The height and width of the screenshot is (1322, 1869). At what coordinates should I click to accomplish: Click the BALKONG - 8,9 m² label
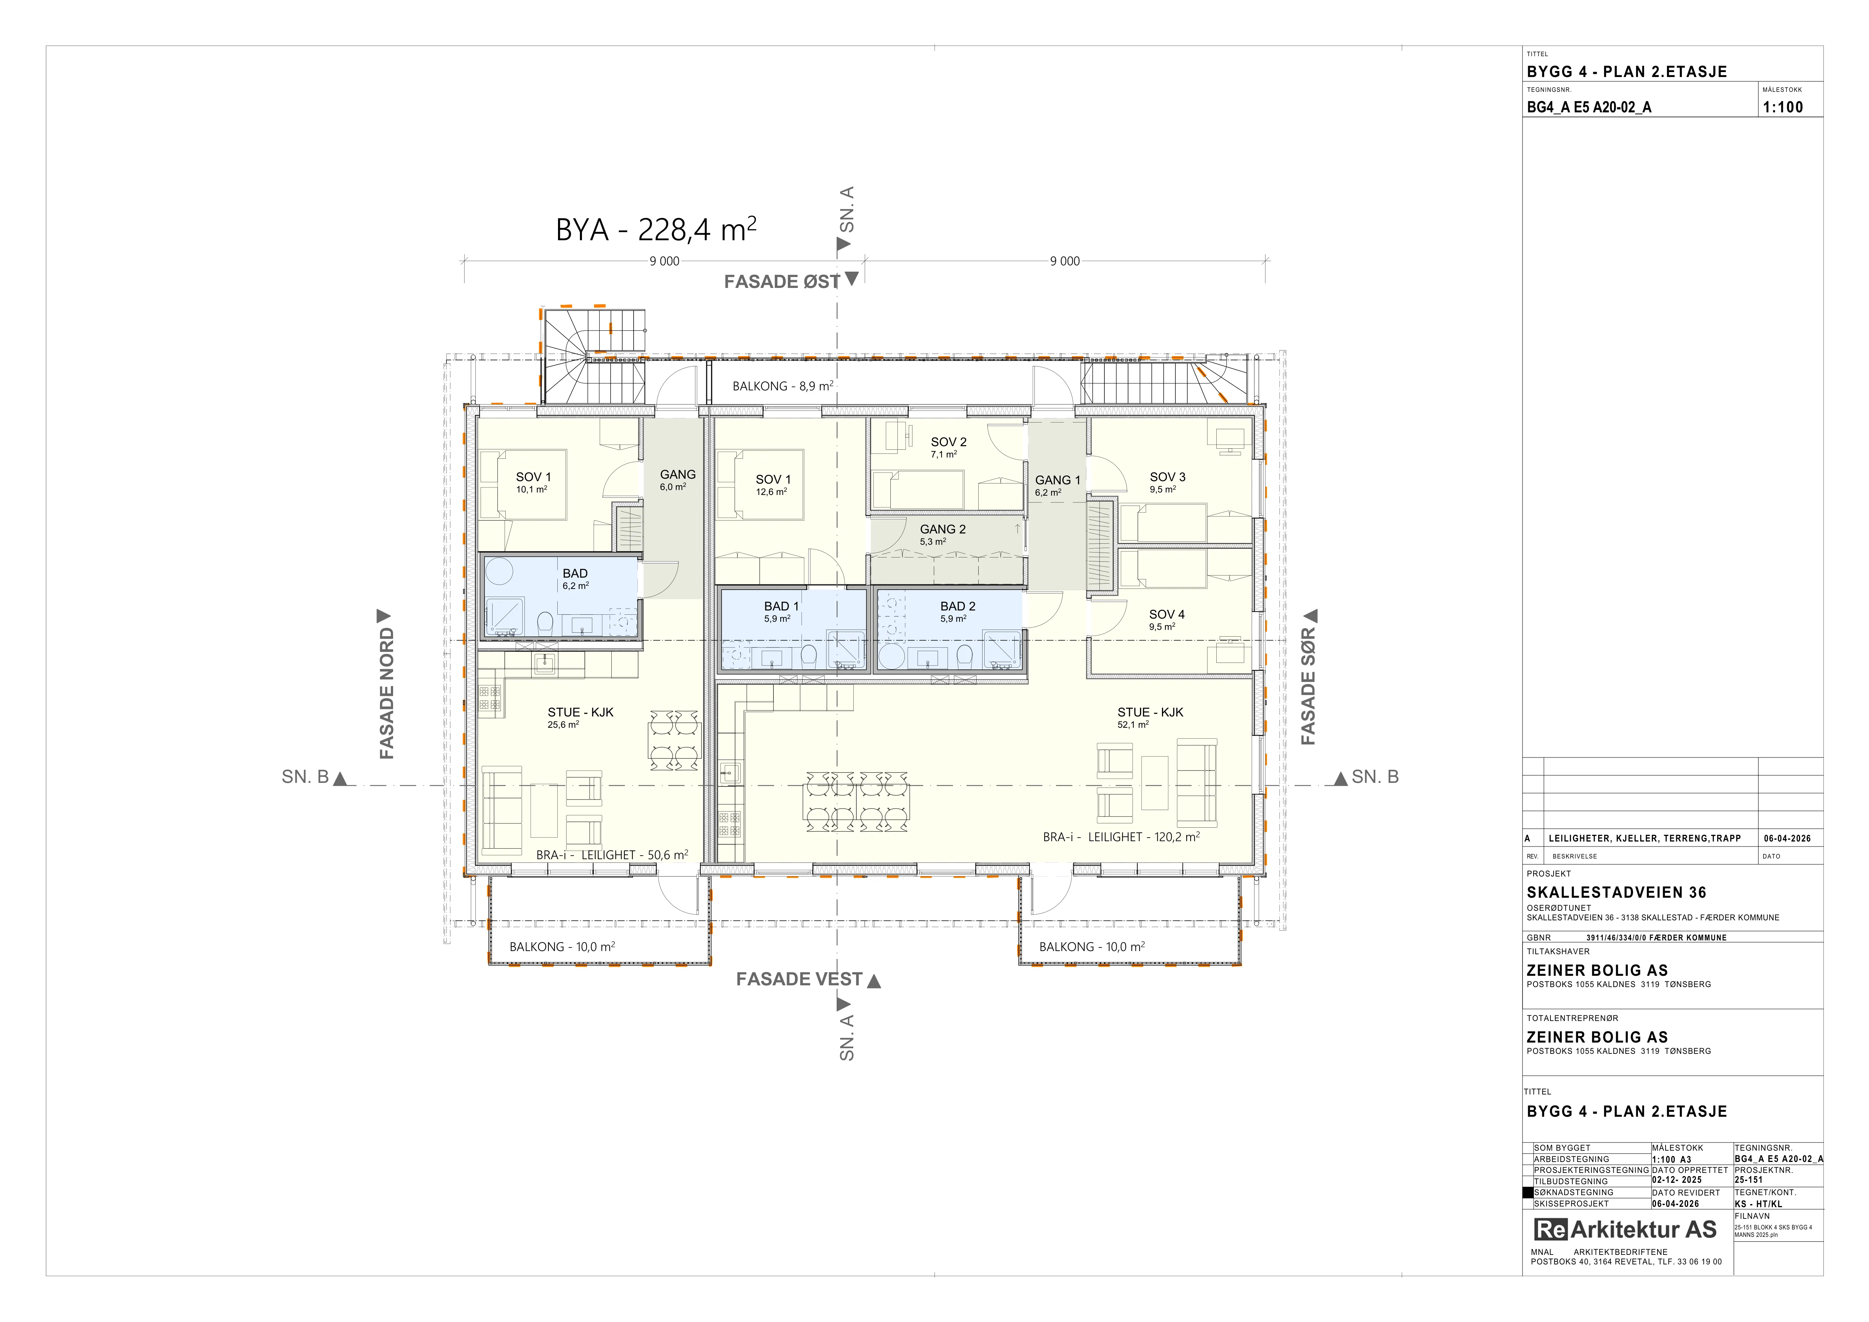pos(782,386)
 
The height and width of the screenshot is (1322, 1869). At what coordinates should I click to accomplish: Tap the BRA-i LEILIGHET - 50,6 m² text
pos(612,855)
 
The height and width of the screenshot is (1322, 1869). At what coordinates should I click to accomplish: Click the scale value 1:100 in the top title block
pos(1783,107)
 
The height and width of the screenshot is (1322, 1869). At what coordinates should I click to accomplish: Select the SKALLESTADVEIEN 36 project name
pos(1616,892)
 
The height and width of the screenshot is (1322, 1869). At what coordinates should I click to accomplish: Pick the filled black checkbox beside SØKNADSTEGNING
pos(1528,1193)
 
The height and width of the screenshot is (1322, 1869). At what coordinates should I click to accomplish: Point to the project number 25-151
pos(1749,1180)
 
